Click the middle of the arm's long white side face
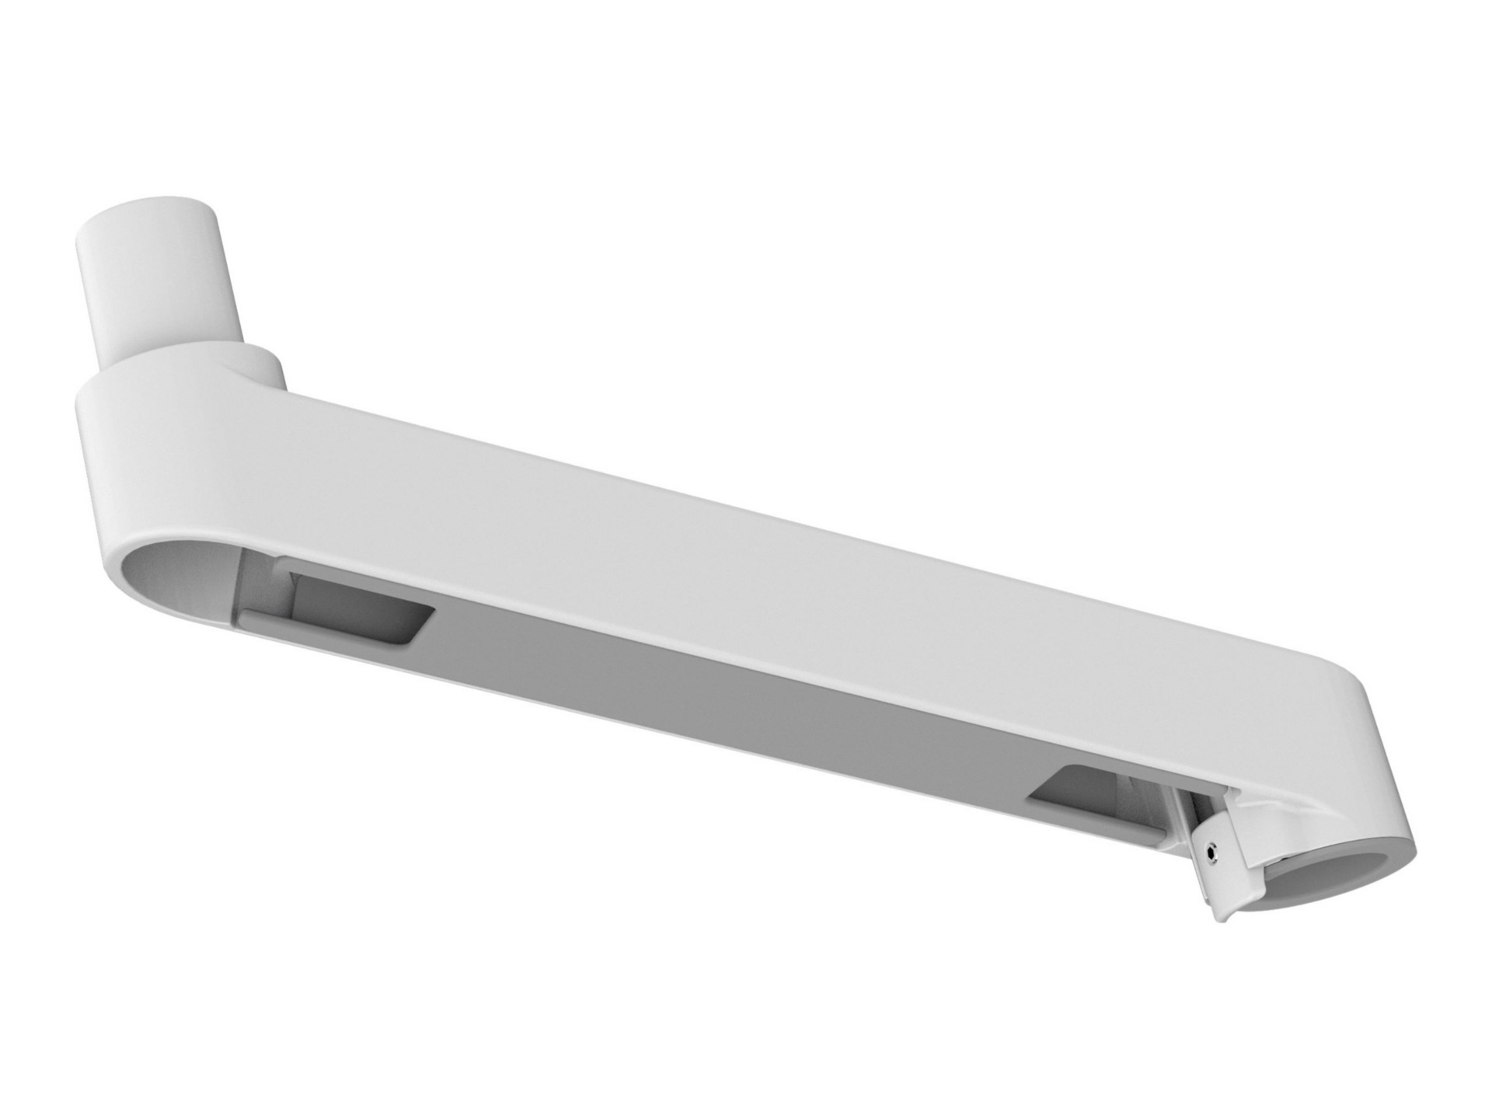click(x=699, y=544)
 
